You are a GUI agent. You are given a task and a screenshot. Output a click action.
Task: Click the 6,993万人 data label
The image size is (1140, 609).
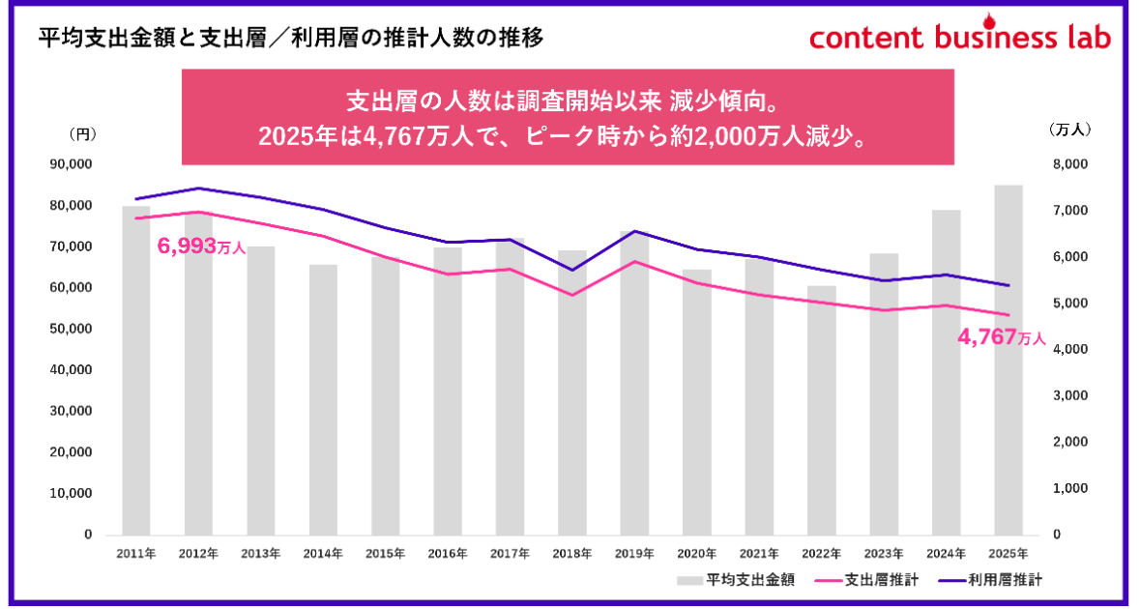200,247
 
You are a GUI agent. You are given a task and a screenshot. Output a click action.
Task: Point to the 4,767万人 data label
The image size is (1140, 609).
1001,338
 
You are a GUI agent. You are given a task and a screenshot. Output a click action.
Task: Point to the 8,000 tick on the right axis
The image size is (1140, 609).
1071,165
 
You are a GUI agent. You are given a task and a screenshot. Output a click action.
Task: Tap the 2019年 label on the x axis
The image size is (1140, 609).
634,554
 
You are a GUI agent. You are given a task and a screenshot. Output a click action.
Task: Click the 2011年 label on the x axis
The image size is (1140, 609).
136,554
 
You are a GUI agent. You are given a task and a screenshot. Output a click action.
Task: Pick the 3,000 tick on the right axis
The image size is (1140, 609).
1071,396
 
